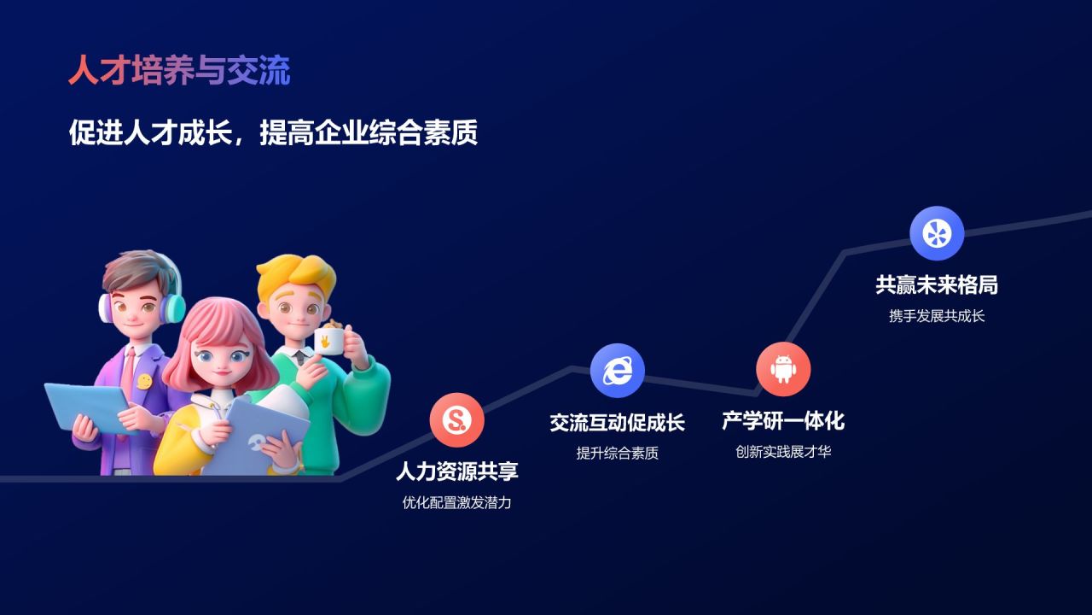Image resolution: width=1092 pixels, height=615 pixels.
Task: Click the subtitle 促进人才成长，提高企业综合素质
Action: pyautogui.click(x=273, y=133)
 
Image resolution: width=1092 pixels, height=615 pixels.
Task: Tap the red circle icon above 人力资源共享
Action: pyautogui.click(x=456, y=419)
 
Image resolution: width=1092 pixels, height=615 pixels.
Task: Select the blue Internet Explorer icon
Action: pyautogui.click(x=617, y=370)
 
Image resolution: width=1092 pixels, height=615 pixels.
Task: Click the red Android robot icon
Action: pyautogui.click(x=782, y=369)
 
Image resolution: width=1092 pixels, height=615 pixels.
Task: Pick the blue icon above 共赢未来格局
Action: pyautogui.click(x=936, y=233)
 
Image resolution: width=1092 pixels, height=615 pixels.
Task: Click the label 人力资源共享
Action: pyautogui.click(x=456, y=471)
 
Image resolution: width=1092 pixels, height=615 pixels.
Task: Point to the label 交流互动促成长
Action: pyautogui.click(x=617, y=422)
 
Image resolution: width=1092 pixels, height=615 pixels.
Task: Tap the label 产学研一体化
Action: pyautogui.click(x=782, y=420)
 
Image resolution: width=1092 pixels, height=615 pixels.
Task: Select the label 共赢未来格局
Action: pyautogui.click(x=936, y=284)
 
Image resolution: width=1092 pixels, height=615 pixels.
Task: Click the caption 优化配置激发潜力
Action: pyautogui.click(x=456, y=503)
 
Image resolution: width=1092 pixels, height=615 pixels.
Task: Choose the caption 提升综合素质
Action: pyautogui.click(x=617, y=454)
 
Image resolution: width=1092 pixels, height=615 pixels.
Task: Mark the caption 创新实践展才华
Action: pyautogui.click(x=782, y=452)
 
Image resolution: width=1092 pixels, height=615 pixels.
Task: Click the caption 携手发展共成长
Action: pyautogui.click(x=936, y=316)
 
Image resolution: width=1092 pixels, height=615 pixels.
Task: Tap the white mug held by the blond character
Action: pyautogui.click(x=328, y=342)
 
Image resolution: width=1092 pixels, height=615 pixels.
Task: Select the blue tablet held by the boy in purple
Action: pyautogui.click(x=85, y=406)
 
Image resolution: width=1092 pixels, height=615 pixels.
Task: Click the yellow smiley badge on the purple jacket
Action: pyautogui.click(x=144, y=381)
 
